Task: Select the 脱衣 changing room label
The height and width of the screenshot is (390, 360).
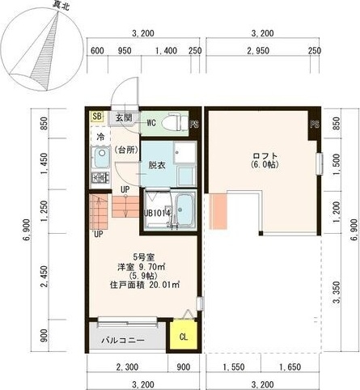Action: [156, 165]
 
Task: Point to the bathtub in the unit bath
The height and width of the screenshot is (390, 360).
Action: [182, 210]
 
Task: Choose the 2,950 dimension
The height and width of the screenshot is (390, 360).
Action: [258, 51]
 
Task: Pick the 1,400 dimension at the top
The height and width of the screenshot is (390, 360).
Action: [164, 51]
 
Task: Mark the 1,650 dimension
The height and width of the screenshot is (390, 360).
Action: [290, 367]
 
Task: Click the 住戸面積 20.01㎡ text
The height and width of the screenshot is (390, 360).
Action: [141, 285]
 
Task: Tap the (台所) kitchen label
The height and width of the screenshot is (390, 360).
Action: [125, 150]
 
